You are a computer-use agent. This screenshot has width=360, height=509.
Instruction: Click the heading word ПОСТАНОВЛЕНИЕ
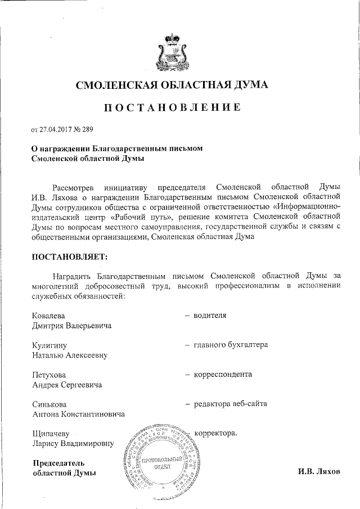point(173,107)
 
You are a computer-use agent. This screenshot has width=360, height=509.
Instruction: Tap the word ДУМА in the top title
point(249,85)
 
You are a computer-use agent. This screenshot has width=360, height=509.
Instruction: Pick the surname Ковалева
point(48,315)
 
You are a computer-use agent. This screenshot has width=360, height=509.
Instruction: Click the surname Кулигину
point(49,345)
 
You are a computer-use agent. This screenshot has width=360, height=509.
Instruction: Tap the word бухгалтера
point(246,345)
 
